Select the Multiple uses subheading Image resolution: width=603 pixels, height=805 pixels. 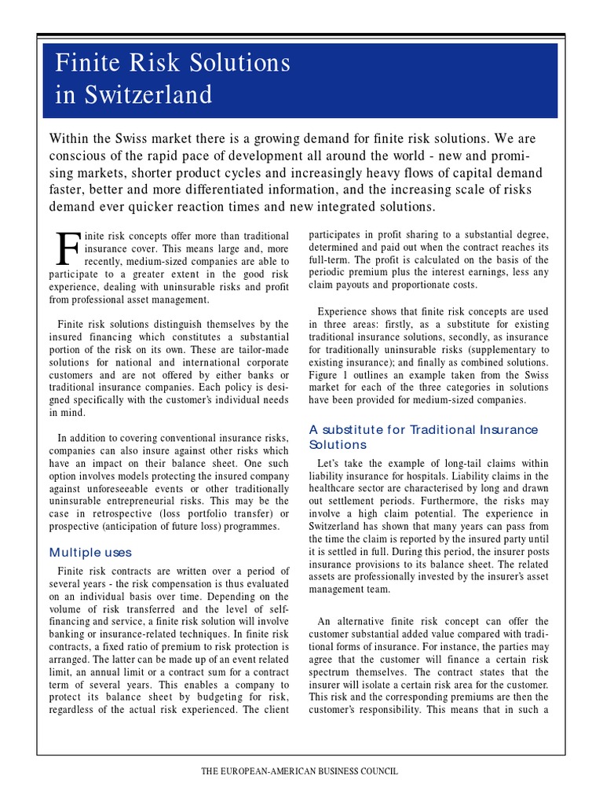pos(90,552)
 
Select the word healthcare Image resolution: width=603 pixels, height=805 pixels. pos(337,489)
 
